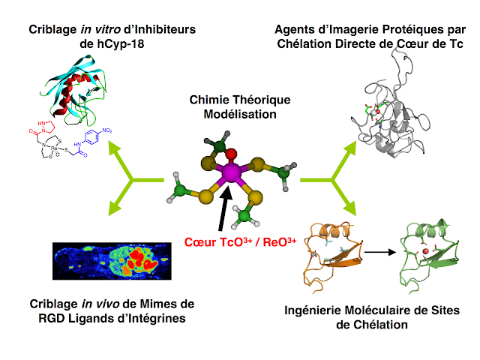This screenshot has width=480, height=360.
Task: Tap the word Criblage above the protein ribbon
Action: coord(55,29)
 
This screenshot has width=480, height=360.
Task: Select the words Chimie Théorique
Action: coord(241,100)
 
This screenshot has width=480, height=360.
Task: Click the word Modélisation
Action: coord(241,114)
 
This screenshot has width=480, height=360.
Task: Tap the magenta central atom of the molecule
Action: coord(231,174)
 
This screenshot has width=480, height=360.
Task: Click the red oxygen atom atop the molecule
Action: coord(232,154)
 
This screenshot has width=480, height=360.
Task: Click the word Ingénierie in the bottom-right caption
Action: coord(312,310)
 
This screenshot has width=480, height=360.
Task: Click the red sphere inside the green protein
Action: coord(424,250)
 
